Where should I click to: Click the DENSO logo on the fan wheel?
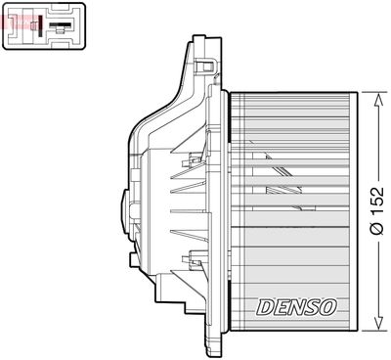tap(297, 306)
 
